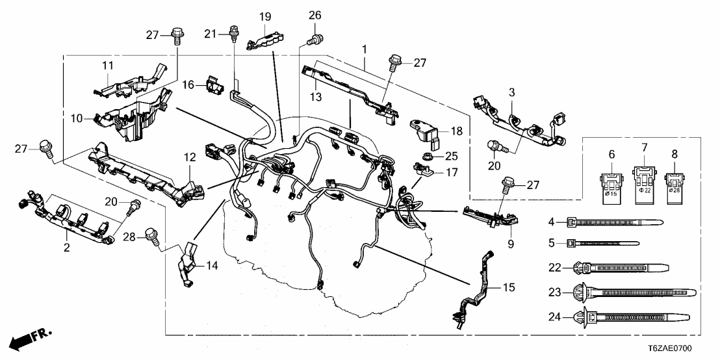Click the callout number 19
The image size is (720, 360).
click(x=265, y=16)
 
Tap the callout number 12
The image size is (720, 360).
click(x=190, y=157)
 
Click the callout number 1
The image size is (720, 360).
click(x=365, y=49)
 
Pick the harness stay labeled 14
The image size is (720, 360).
click(x=186, y=263)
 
